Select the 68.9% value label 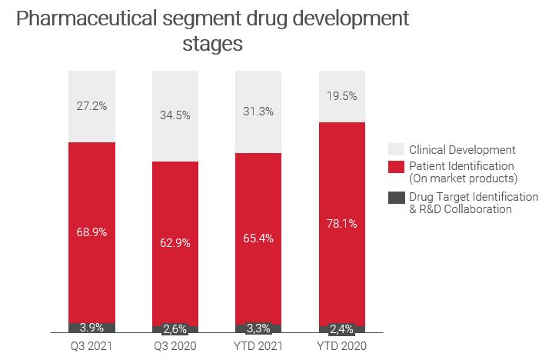[x=91, y=232]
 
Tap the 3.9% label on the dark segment [x=91, y=328]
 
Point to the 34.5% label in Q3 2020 [x=175, y=115]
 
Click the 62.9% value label [x=175, y=242]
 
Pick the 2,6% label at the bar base [x=175, y=329]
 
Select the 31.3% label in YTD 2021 [x=258, y=111]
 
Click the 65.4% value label [x=258, y=238]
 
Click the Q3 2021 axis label [x=91, y=346]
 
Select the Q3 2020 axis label [x=175, y=346]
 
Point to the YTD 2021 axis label [x=258, y=346]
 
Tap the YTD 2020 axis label [x=341, y=346]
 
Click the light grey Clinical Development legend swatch [x=396, y=149]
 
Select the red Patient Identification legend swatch [x=396, y=166]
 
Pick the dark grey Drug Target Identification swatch [x=396, y=197]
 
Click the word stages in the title [x=213, y=44]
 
